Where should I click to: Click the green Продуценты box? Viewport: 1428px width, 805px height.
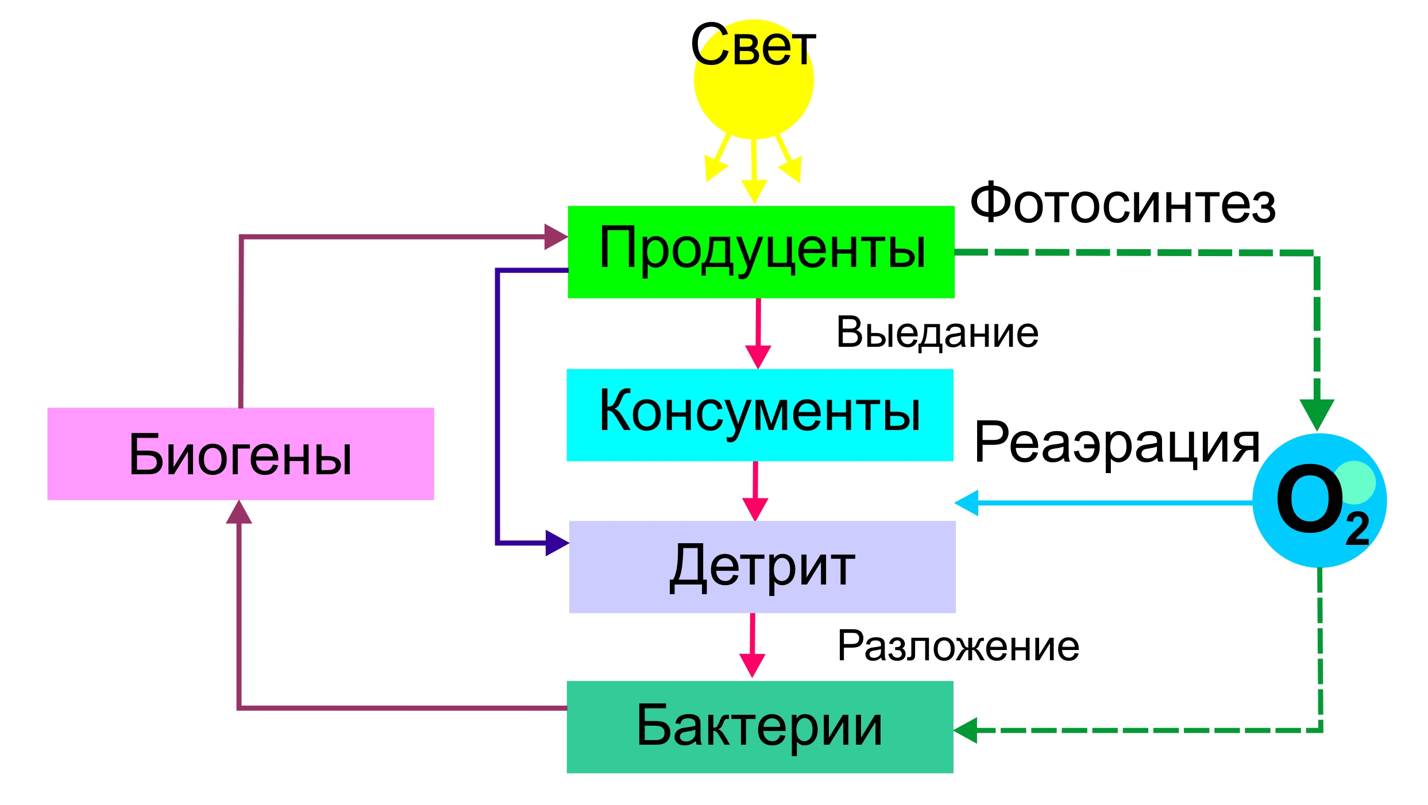click(761, 251)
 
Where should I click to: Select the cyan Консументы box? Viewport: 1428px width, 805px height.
click(759, 415)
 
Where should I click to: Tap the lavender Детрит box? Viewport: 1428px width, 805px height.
click(762, 567)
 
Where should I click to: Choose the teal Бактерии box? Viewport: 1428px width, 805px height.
click(759, 727)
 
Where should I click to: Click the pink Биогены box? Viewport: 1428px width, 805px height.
click(240, 454)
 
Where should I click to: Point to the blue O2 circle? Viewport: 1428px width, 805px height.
click(1319, 501)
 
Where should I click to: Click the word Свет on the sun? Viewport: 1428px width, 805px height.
click(752, 46)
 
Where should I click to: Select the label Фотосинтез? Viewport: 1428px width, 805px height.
click(1122, 203)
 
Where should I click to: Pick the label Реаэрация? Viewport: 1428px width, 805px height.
click(1117, 442)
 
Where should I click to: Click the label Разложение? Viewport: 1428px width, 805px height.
click(958, 645)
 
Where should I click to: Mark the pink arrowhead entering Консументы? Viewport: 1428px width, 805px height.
click(758, 356)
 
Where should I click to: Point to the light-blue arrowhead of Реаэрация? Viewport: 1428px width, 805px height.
click(967, 503)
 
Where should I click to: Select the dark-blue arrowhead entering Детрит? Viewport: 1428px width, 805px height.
click(555, 543)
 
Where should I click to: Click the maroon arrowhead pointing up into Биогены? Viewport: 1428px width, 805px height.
click(239, 512)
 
